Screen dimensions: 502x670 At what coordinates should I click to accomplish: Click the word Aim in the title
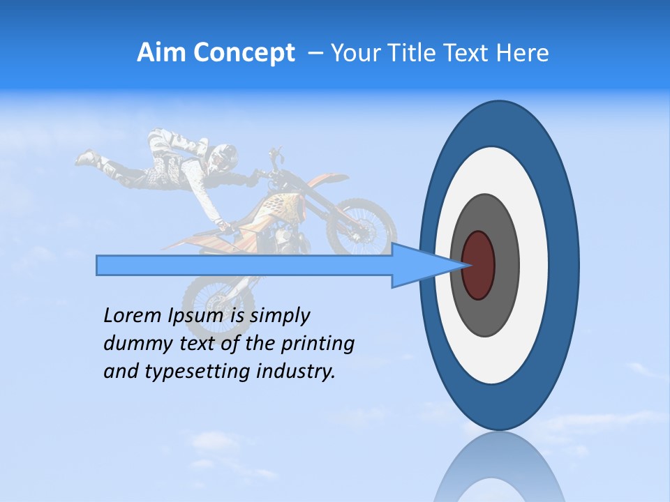point(158,53)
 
